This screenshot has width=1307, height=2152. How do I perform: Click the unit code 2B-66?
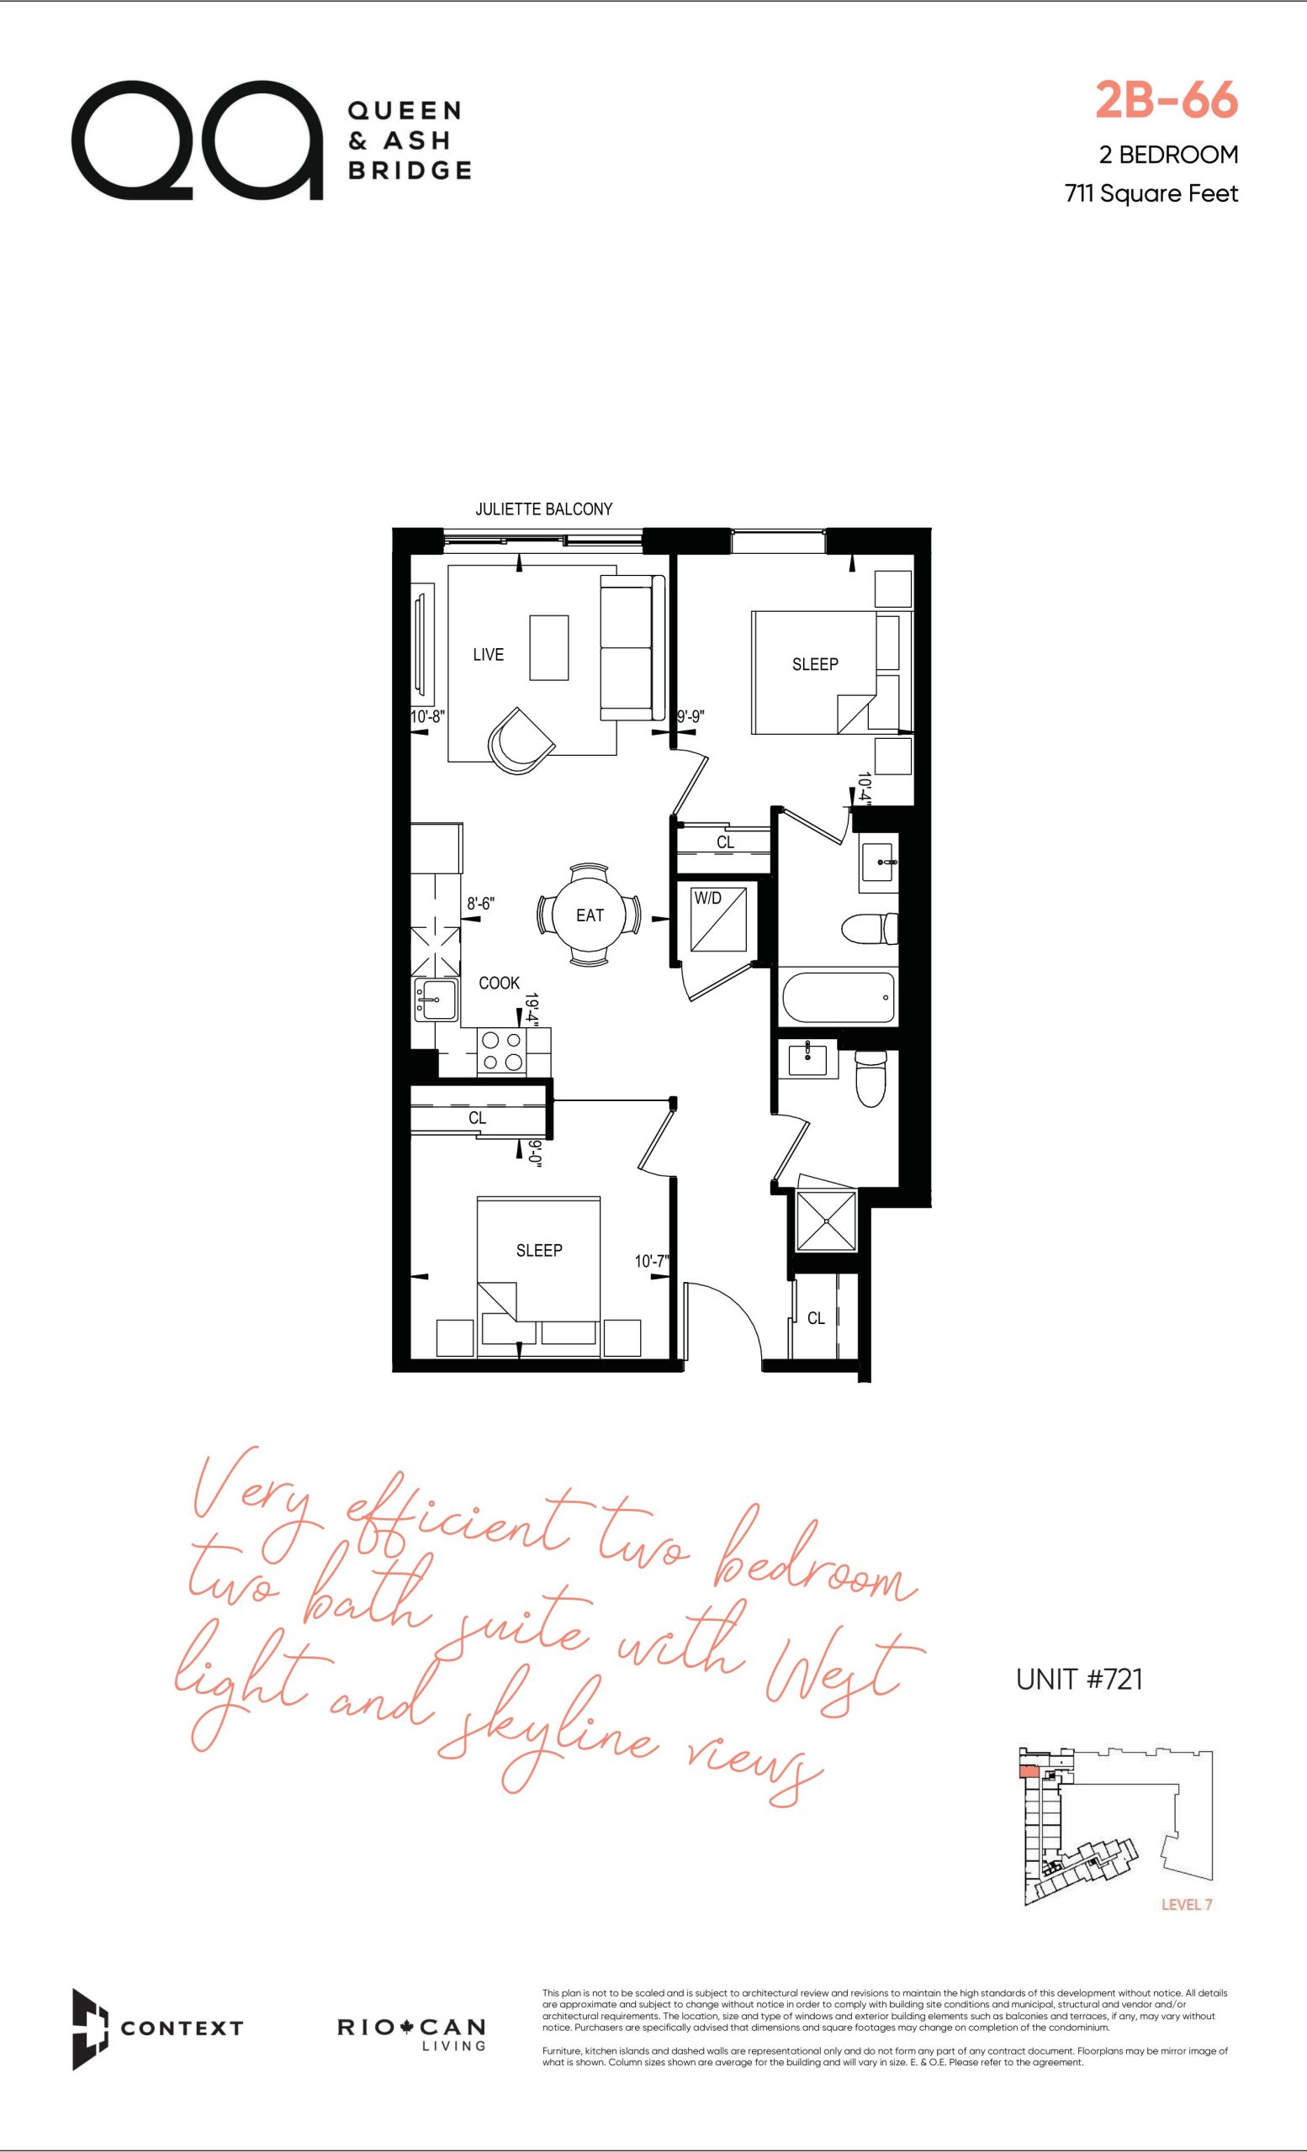pos(1167,102)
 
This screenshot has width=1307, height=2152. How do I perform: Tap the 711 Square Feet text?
pos(1151,194)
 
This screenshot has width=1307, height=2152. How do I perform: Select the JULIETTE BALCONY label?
pos(543,509)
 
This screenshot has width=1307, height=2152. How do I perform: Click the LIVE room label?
pos(489,654)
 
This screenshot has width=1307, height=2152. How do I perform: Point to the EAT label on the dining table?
pos(590,915)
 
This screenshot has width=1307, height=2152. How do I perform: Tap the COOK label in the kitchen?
pos(500,984)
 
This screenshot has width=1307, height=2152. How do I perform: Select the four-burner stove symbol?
pos(502,1052)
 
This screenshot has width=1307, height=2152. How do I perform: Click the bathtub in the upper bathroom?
pos(837,999)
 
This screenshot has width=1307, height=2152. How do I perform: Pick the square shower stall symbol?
pos(825,1221)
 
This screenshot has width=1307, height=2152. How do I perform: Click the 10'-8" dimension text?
pos(428,717)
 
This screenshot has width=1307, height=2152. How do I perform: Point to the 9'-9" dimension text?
pos(691,717)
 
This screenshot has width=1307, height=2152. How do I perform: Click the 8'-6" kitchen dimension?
pos(480,905)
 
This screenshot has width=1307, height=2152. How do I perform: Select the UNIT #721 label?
pos(1080,1680)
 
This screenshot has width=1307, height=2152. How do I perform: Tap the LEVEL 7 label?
pos(1187,1929)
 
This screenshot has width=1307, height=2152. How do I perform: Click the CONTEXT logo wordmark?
pos(182,2029)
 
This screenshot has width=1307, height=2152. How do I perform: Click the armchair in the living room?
pos(521,741)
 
